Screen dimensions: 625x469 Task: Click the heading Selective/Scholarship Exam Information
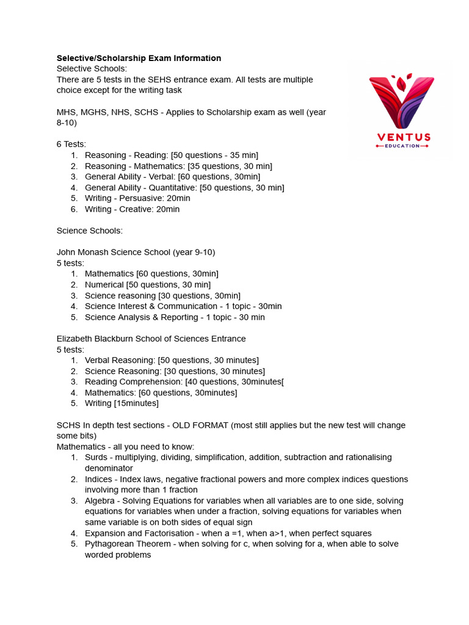pyautogui.click(x=139, y=58)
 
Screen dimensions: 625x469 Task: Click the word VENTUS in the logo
pyautogui.click(x=404, y=137)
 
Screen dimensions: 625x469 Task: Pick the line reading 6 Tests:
pyautogui.click(x=71, y=144)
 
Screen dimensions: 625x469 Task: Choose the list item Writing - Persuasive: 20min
pyautogui.click(x=137, y=198)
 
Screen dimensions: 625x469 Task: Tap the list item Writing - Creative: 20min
pyautogui.click(x=132, y=209)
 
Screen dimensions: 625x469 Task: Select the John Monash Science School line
pyautogui.click(x=136, y=252)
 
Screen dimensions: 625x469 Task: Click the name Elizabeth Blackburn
pyautogui.click(x=97, y=339)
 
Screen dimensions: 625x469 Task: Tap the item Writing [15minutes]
pyautogui.click(x=122, y=403)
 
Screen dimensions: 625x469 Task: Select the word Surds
pyautogui.click(x=96, y=457)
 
